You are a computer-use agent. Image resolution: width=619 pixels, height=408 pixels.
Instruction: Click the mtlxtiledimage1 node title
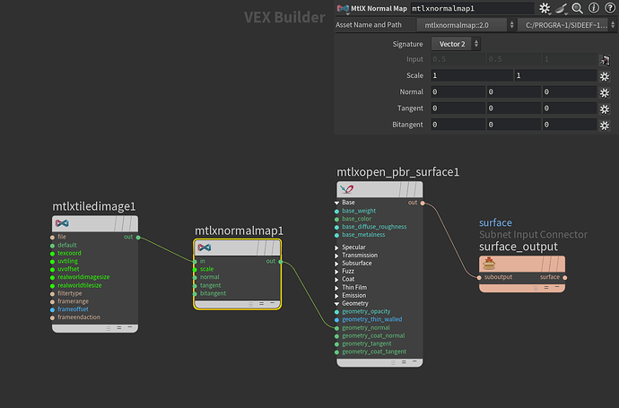click(x=94, y=206)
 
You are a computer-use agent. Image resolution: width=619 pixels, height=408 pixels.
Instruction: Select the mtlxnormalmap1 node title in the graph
click(x=239, y=230)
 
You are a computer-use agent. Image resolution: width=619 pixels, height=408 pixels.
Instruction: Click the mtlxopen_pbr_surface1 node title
click(x=397, y=172)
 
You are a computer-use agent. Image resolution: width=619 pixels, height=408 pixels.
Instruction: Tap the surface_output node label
click(x=518, y=247)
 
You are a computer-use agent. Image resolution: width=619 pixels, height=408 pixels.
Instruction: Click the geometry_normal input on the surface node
click(x=366, y=327)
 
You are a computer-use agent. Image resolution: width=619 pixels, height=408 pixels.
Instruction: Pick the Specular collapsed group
click(x=353, y=247)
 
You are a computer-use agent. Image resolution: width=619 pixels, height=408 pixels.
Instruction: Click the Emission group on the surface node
click(x=353, y=295)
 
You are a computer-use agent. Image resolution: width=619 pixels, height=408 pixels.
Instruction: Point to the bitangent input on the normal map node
click(x=214, y=293)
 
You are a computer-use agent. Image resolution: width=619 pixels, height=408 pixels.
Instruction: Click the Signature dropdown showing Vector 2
click(x=457, y=44)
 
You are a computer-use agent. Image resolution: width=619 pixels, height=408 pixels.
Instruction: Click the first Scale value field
click(x=471, y=76)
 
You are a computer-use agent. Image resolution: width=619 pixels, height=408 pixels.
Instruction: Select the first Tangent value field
click(x=456, y=109)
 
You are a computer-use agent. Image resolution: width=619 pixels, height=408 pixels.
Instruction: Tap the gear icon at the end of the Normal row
click(x=606, y=92)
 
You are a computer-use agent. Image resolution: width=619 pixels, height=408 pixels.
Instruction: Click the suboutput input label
click(x=498, y=277)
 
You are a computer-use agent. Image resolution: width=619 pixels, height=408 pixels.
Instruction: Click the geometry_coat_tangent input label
click(x=374, y=352)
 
